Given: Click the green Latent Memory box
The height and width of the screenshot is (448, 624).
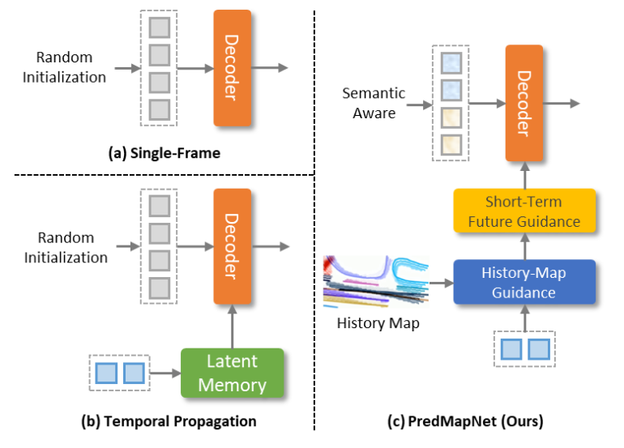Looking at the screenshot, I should click(232, 373).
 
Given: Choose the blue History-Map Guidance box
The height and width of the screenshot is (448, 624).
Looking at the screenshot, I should click(524, 282).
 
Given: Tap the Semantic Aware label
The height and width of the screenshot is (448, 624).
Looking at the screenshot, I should click(374, 103).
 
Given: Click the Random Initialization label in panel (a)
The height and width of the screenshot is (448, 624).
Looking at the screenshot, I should click(71, 68).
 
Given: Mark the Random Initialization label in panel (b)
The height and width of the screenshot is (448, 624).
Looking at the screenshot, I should click(71, 248).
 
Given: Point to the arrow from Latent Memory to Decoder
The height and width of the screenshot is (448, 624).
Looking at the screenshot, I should click(233, 327).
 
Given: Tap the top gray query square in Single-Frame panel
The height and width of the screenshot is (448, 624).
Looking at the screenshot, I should click(160, 28).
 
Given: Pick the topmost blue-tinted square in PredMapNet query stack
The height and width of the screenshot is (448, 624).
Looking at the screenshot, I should click(450, 62).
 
